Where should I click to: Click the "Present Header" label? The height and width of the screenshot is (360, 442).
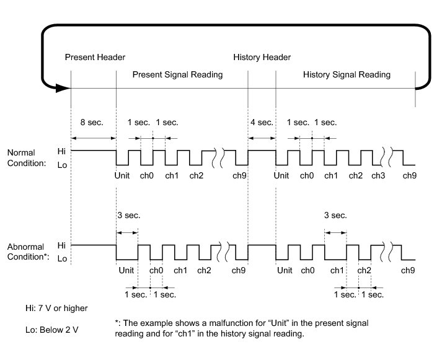95,58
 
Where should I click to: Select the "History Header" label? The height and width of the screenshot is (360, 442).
262,58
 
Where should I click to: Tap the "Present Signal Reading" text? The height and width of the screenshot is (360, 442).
178,75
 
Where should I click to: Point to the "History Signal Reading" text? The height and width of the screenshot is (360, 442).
347,75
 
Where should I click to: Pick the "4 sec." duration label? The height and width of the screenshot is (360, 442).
261,123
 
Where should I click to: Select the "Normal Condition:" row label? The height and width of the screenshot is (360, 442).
22,158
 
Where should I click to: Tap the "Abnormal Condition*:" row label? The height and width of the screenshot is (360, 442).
29,252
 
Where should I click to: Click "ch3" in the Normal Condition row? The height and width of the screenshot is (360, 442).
378,176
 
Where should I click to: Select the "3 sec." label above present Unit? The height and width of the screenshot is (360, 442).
128,216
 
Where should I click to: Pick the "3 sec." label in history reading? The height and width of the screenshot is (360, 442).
335,216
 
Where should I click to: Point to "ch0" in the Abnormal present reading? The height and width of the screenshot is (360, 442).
156,270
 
